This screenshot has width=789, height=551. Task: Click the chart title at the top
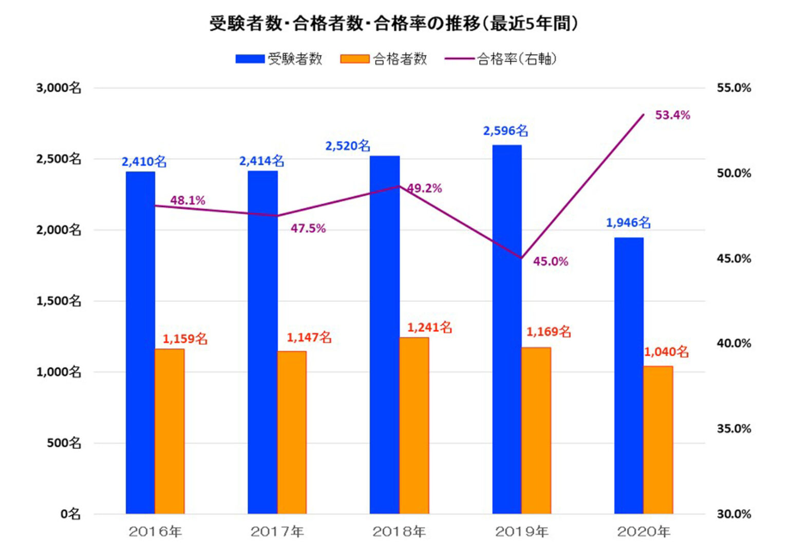[x=394, y=24]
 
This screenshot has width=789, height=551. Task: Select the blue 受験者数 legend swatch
[x=250, y=59]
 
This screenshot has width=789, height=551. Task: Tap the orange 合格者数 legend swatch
[x=355, y=59]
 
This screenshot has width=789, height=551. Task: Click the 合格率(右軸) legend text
[x=517, y=59]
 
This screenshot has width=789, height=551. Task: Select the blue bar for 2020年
[x=629, y=376]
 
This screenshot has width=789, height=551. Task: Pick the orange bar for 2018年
[x=414, y=426]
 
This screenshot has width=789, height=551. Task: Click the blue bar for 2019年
[x=507, y=329]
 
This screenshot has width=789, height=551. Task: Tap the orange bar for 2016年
[x=170, y=431]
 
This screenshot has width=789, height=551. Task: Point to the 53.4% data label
[x=672, y=115]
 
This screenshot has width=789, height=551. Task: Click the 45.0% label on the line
[x=551, y=261]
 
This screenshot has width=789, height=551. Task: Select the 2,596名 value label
[x=505, y=131]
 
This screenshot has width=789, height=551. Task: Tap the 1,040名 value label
[x=666, y=352]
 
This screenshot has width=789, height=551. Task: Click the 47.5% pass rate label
[x=308, y=229]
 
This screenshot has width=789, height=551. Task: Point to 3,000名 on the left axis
[x=59, y=88]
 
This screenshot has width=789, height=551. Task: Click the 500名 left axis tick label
[x=64, y=443]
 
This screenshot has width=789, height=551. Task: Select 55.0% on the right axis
[x=734, y=88]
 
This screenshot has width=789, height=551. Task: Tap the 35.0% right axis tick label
[x=734, y=429]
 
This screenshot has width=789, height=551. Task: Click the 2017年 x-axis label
[x=277, y=532]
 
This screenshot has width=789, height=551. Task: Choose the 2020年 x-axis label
[x=644, y=532]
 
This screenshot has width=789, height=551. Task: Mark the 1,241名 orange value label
[x=430, y=328]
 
